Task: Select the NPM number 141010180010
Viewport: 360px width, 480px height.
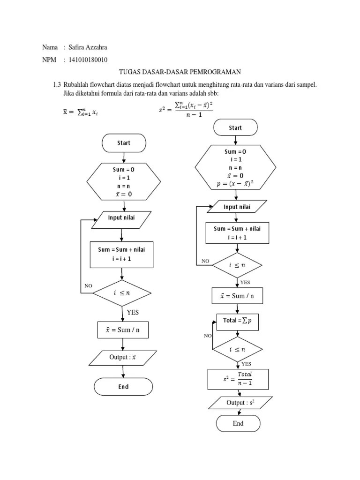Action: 88,60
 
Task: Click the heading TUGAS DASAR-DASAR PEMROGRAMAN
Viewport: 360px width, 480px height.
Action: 180,72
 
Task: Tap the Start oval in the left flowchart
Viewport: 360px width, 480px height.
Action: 124,143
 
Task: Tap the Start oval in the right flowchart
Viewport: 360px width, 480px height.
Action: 235,127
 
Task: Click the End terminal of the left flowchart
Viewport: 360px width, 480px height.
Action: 123,387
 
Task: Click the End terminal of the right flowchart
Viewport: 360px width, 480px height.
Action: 238,423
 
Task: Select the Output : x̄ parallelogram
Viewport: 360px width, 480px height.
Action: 123,358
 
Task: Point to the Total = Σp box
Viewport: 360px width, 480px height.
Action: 238,322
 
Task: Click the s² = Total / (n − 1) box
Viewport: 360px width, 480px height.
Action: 238,379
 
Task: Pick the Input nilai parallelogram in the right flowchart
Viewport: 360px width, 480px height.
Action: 237,206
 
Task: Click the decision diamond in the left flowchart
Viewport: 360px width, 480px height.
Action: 122,293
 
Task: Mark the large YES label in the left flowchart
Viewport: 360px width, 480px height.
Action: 133,312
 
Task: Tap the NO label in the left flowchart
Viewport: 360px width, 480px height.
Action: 89,285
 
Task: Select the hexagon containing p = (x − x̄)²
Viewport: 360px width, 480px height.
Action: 235,167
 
